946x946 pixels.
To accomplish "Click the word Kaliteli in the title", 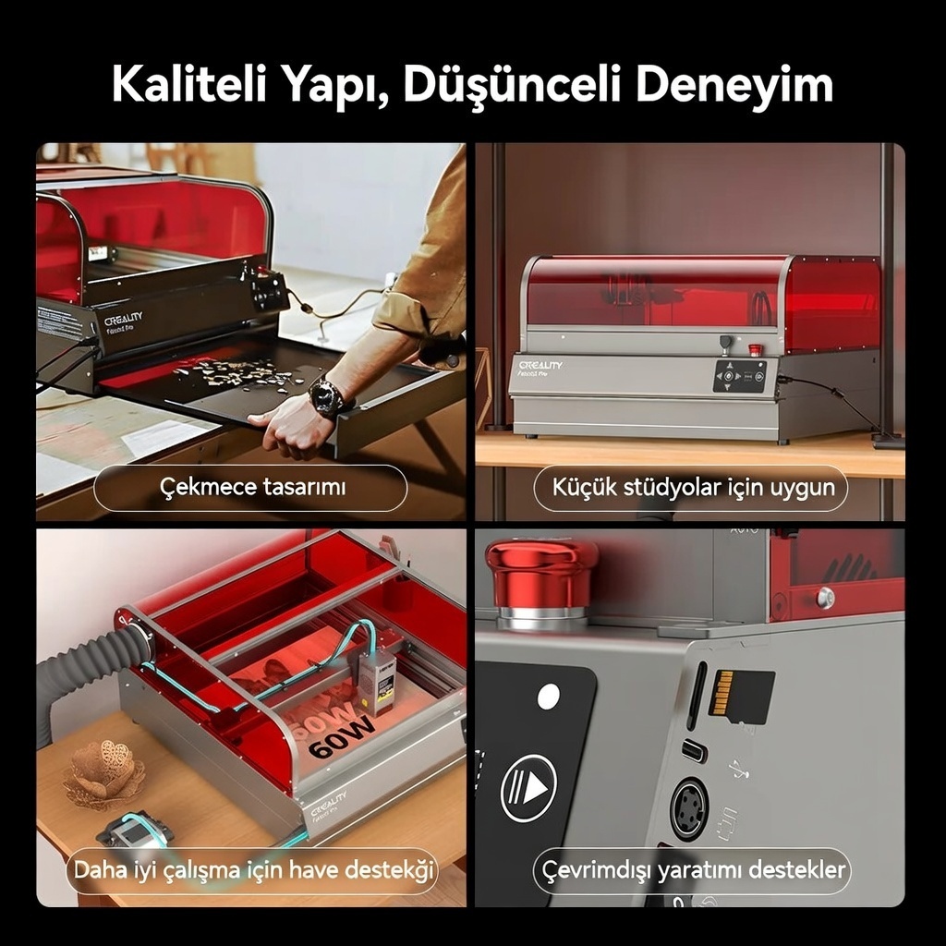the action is point(189,84).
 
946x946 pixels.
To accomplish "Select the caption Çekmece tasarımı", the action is point(253,487).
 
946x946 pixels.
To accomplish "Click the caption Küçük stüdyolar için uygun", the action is point(694,487).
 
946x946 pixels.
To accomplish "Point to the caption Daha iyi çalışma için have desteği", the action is point(253,870).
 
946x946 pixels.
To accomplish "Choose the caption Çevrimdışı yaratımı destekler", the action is point(694,870).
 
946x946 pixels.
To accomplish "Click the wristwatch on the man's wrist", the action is point(326,395).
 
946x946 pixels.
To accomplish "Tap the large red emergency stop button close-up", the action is point(541,579).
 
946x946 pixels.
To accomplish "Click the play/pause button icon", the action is point(528,787).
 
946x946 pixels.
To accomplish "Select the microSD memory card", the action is point(742,697).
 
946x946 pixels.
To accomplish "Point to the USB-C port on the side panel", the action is point(694,751).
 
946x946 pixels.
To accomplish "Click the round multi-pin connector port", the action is point(689,809).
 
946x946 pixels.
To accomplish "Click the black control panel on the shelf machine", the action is point(740,376).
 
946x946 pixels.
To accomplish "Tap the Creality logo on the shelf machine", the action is point(540,365).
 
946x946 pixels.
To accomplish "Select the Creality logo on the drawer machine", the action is point(123,319).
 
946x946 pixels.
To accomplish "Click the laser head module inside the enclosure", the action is point(377,685).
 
